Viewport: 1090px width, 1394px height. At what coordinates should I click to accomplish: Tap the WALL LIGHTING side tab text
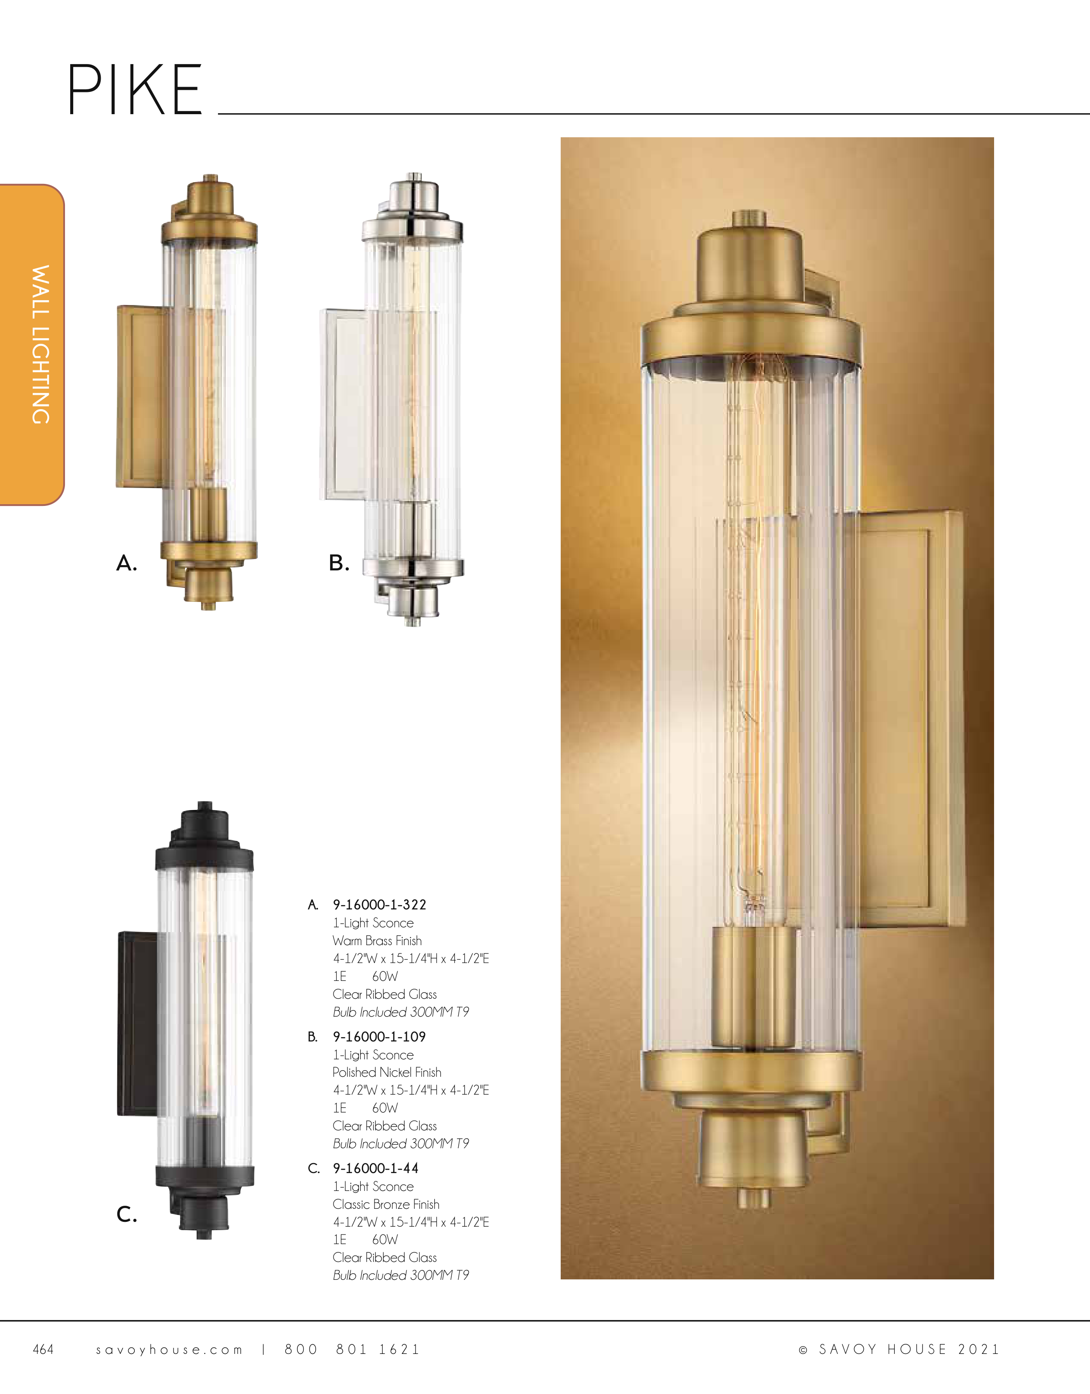click(x=41, y=345)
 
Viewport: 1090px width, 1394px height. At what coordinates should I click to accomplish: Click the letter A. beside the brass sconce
click(x=126, y=563)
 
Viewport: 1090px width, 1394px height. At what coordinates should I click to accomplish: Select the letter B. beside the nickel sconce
click(x=339, y=563)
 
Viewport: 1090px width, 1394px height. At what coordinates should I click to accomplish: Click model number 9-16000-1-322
click(x=379, y=905)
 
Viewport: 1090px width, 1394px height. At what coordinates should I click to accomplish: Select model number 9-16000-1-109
click(x=379, y=1037)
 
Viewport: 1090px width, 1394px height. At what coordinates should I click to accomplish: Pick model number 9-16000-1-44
click(x=375, y=1168)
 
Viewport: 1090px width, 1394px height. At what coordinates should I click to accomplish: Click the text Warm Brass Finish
click(x=377, y=940)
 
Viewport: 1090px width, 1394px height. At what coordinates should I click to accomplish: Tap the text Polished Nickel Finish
click(x=387, y=1072)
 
